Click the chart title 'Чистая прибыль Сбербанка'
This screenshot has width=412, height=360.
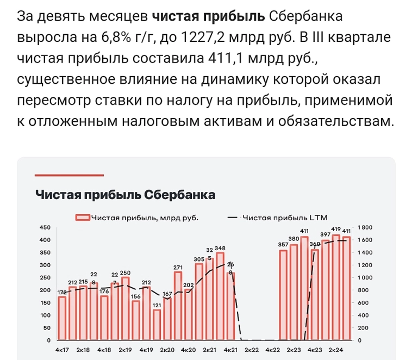point(125,195)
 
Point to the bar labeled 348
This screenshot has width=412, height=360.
point(220,296)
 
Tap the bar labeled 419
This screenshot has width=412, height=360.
point(336,288)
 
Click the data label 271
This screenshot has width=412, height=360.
point(178,268)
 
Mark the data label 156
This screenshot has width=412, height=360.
point(136,296)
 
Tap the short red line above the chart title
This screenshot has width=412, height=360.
point(69,175)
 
